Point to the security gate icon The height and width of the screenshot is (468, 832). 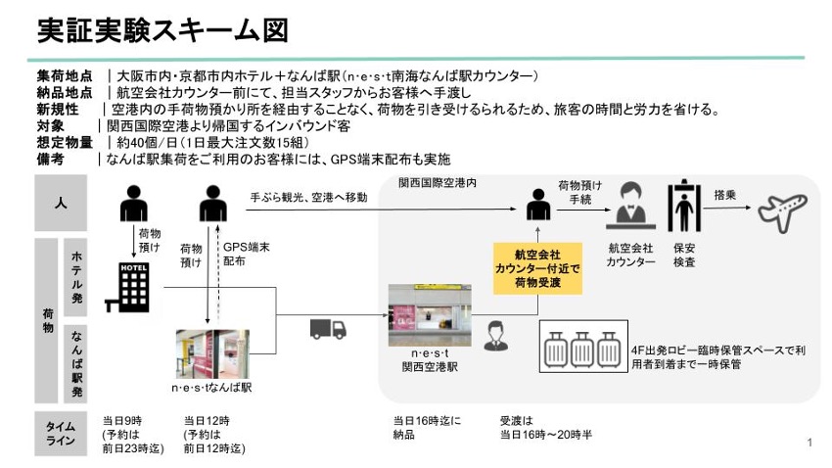point(683,209)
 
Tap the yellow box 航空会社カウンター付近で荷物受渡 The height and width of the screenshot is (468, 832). point(537,268)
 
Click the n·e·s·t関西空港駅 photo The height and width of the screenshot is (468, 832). point(429,314)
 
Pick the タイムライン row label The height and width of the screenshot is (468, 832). point(61,435)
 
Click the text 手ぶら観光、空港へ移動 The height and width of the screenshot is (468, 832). point(309,198)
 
